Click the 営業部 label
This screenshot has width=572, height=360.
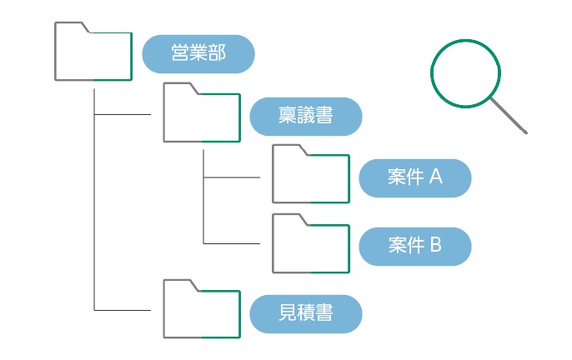[198, 53]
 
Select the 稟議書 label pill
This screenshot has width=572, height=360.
[306, 117]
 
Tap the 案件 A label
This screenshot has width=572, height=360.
[415, 177]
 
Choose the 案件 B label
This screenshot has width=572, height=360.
[415, 246]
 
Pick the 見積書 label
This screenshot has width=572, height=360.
[306, 313]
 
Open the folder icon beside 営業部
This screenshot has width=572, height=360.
[93, 54]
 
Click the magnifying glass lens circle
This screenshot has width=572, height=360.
[465, 73]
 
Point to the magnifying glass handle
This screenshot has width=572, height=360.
[509, 116]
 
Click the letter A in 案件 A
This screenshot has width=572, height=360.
[435, 177]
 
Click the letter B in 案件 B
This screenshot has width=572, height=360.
[435, 246]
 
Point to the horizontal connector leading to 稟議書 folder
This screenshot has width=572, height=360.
[123, 114]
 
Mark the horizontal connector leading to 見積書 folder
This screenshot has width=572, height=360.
[123, 310]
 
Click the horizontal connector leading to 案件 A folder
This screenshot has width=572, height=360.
[232, 177]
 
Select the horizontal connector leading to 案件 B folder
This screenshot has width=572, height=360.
[232, 243]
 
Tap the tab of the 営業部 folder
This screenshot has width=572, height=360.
[71, 27]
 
